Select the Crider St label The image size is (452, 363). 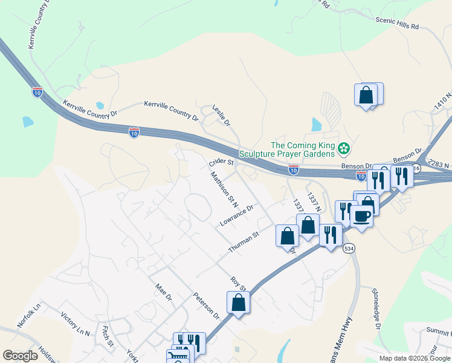(x=221, y=162)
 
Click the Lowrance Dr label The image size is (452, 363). (x=236, y=215)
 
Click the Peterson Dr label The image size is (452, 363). (x=206, y=306)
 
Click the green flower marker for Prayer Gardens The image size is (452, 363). (x=343, y=148)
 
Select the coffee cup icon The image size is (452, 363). (x=361, y=216)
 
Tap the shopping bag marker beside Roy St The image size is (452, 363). (x=238, y=302)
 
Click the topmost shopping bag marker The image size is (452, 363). (x=366, y=95)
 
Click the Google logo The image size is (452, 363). (x=21, y=356)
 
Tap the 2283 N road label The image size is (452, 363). (x=438, y=163)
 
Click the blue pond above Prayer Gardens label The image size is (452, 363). (x=317, y=125)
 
